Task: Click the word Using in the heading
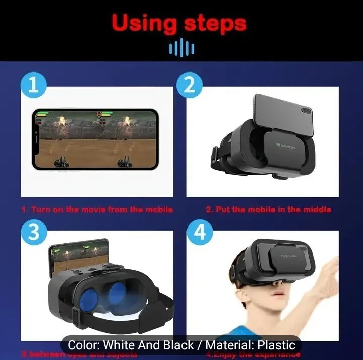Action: click(145, 23)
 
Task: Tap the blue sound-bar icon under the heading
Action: click(181, 48)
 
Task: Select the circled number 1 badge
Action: click(33, 85)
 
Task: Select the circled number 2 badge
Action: click(189, 85)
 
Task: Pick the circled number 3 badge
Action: click(33, 233)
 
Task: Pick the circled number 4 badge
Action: click(200, 233)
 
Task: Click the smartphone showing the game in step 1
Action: click(95, 138)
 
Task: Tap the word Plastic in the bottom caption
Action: click(276, 345)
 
